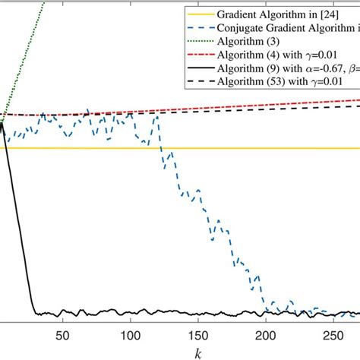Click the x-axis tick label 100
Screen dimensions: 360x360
[130, 335]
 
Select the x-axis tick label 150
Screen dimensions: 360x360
[197, 335]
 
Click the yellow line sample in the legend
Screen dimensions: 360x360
[199, 13]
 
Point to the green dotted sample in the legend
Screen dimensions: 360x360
[199, 41]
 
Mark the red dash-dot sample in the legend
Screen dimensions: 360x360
[199, 55]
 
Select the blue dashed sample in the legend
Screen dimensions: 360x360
[199, 27]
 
